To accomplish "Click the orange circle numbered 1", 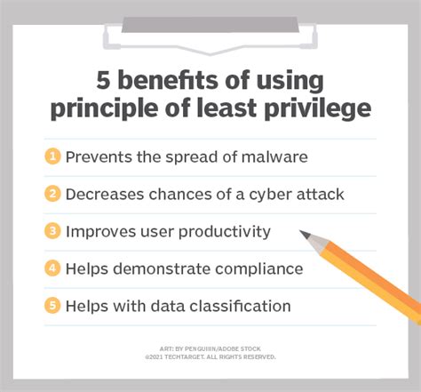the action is coord(52,156).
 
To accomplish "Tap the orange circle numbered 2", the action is coord(52,194).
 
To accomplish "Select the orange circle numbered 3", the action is coord(52,231).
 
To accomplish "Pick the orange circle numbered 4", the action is coord(52,268).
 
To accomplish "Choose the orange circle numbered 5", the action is coord(52,306).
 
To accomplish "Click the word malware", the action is coord(274,156).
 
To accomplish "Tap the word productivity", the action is coord(225,232).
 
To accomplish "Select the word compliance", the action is coord(259,269).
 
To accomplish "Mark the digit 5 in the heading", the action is coord(103,80).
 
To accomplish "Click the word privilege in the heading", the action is coord(318,108).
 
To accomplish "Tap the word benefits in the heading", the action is coord(168,80).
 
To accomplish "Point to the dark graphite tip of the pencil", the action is coord(305,234).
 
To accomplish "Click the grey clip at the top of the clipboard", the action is coord(210,25).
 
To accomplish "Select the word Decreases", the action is coord(105,195).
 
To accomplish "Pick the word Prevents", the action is coord(99,156).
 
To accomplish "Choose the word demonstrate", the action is coord(162,269).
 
